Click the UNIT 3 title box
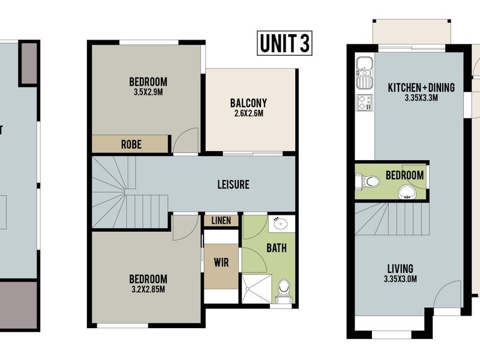284,43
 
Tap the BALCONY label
248,103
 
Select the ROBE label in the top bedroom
131,144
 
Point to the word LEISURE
233,185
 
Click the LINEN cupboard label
221,221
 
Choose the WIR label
221,262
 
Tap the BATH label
277,247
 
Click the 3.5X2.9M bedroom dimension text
148,93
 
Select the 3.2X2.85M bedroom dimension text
148,290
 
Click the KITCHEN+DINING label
421,88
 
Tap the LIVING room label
400,268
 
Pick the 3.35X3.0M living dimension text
400,279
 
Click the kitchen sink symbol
364,71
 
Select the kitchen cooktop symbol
364,103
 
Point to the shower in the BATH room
256,289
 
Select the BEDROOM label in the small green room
404,175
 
